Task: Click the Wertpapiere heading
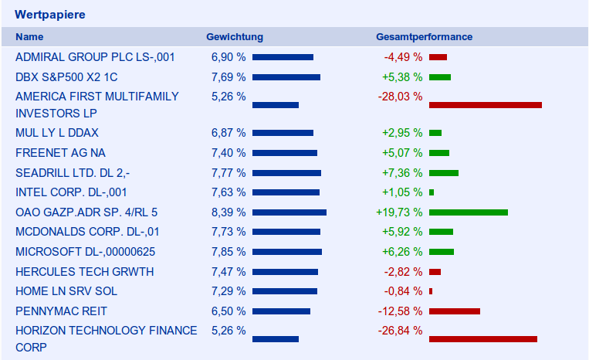(x=49, y=15)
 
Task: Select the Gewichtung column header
(x=235, y=37)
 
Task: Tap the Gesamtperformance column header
(x=424, y=37)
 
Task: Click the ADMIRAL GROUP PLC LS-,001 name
(x=95, y=57)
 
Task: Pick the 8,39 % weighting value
(x=228, y=212)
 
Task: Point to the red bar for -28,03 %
(x=485, y=104)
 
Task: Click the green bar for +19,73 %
(x=468, y=212)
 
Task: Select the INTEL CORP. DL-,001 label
(x=71, y=192)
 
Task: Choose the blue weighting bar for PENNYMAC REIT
(x=281, y=311)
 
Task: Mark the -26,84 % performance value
(x=400, y=331)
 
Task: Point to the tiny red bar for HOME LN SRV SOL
(x=431, y=291)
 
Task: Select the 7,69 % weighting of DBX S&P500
(x=228, y=77)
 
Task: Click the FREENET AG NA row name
(x=60, y=153)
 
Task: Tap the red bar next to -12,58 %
(x=454, y=311)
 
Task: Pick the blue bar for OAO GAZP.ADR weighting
(x=289, y=212)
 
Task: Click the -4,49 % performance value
(x=403, y=57)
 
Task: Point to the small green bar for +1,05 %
(x=432, y=192)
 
